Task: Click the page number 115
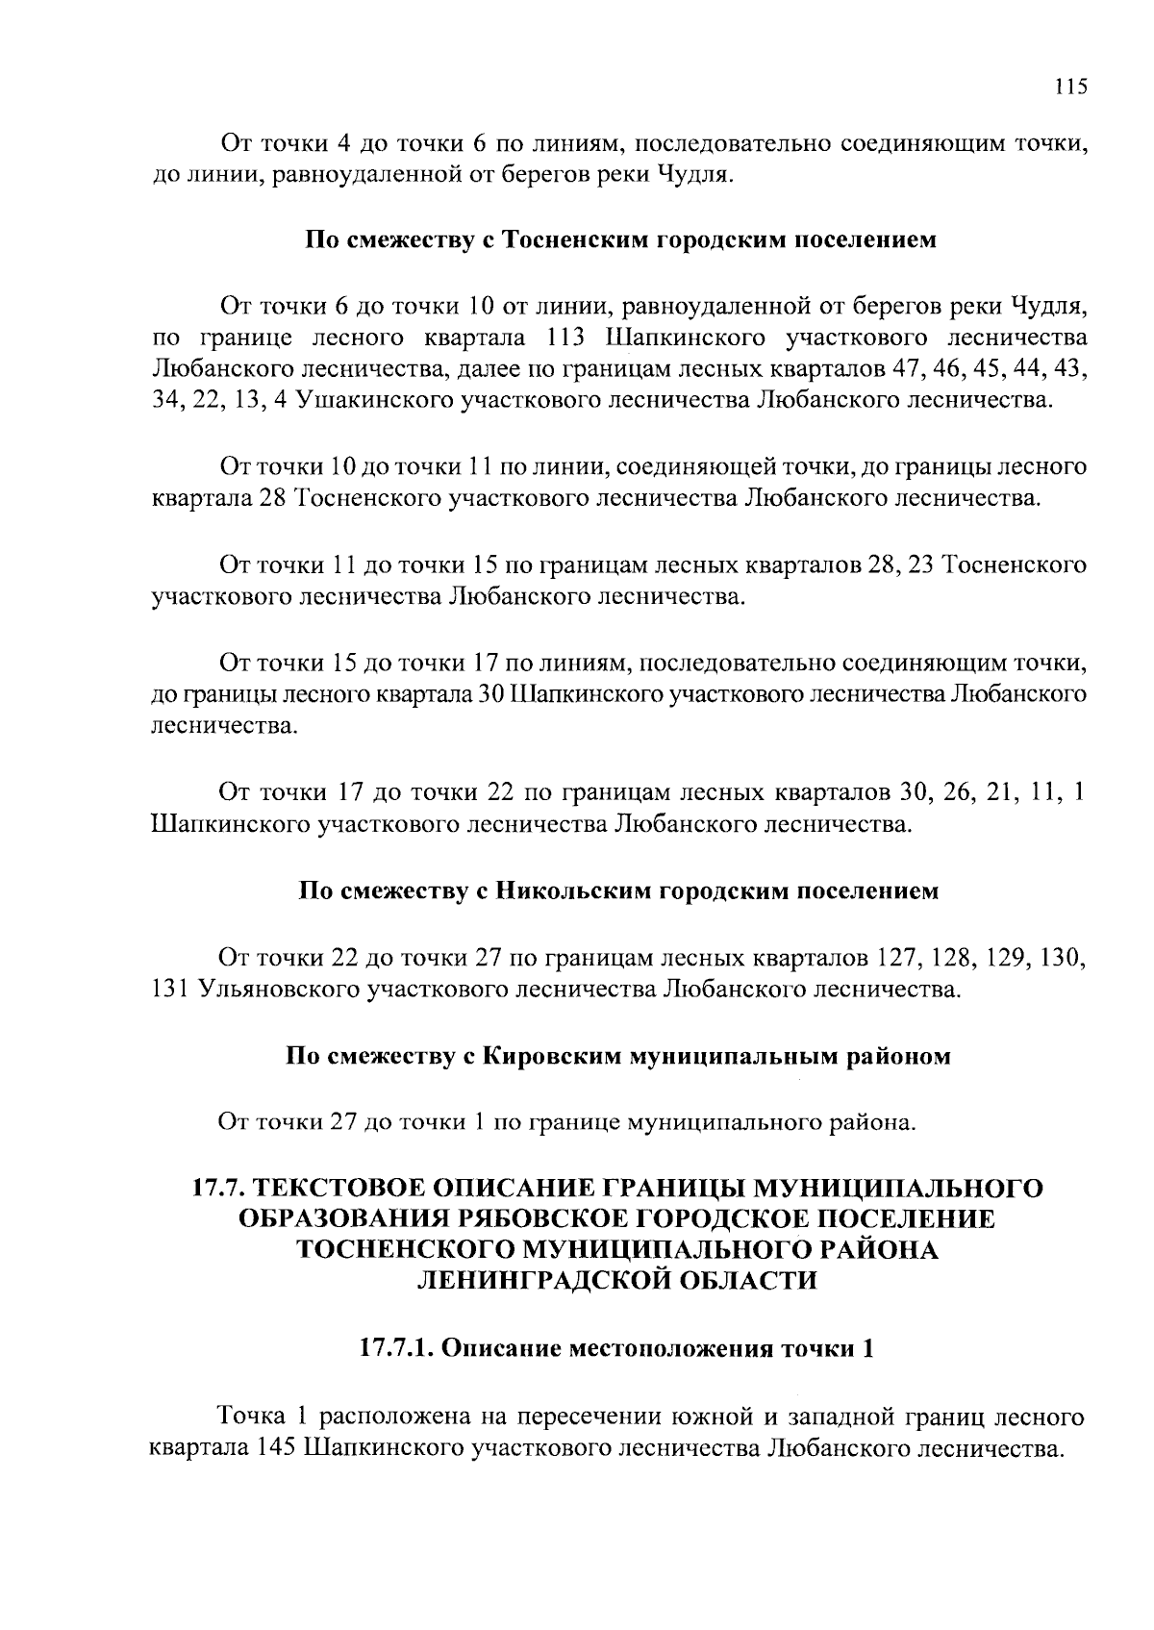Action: tap(1070, 87)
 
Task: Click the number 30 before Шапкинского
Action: tap(491, 694)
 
